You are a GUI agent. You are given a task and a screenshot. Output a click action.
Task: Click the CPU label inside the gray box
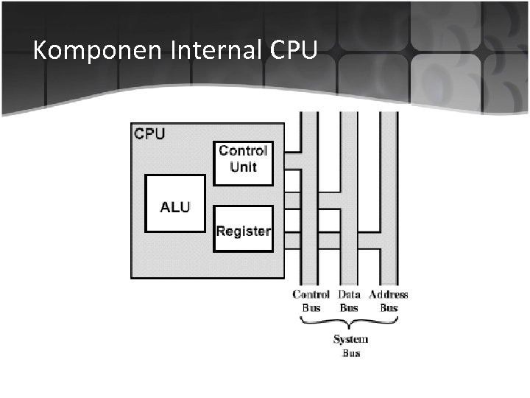tap(150, 134)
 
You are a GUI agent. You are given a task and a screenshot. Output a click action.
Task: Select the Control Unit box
tap(243, 163)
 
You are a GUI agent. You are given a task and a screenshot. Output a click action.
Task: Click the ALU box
tap(175, 203)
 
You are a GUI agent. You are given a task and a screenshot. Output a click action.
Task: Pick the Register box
tap(243, 228)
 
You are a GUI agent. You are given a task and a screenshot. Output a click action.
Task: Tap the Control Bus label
tap(311, 301)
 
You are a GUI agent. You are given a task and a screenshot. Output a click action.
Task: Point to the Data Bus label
tap(349, 301)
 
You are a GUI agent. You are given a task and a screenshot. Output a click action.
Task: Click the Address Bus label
tap(389, 301)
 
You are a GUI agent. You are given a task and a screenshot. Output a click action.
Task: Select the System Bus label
tap(351, 346)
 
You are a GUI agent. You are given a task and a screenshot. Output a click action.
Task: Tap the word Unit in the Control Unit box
tap(243, 167)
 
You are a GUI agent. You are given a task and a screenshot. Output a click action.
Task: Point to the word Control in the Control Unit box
tap(243, 151)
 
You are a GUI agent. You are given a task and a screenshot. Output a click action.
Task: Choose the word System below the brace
tap(351, 339)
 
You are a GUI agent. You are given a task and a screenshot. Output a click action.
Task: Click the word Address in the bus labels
tap(389, 295)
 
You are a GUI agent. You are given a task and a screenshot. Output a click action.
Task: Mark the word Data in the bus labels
tap(349, 295)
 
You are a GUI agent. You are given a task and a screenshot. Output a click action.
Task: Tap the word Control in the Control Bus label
tap(311, 295)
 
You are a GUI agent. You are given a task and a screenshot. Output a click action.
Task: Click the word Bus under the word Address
tap(389, 307)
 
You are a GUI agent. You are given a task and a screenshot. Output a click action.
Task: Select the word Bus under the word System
tap(351, 353)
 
